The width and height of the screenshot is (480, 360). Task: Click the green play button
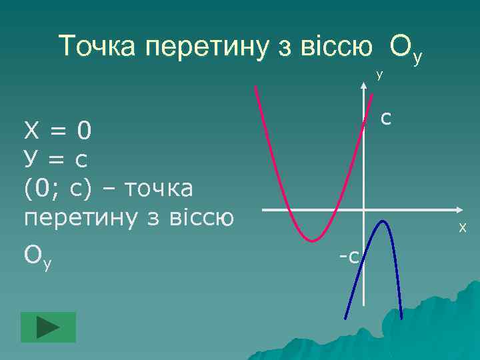point(48,327)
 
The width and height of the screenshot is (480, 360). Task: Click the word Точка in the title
point(99,47)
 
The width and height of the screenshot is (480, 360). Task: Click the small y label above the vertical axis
point(379,75)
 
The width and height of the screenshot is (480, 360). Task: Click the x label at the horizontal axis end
point(462,229)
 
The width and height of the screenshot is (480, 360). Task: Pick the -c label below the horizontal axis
point(349,255)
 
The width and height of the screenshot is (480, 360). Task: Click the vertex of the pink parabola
point(311,240)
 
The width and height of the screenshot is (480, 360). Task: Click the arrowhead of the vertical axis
point(364,85)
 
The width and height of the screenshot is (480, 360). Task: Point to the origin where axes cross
point(364,211)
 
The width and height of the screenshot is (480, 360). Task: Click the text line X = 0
point(57,131)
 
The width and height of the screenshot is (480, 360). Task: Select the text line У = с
point(56,160)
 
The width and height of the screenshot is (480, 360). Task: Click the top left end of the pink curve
point(255,88)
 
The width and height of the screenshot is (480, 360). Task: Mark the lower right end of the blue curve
point(402,318)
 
